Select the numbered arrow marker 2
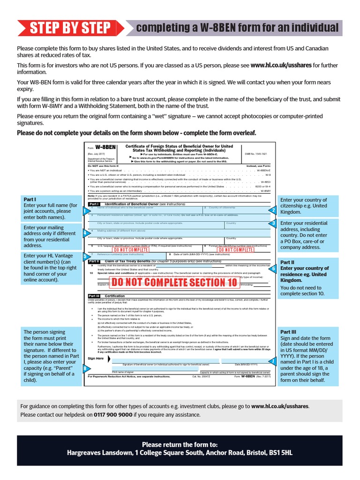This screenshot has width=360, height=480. [x=273, y=210]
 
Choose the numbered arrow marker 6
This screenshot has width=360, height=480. [x=273, y=269]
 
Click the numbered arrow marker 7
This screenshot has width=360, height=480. [x=273, y=361]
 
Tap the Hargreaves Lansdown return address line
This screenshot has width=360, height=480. [x=180, y=453]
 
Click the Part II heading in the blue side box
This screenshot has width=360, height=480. [x=287, y=262]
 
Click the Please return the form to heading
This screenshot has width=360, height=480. [x=180, y=444]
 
